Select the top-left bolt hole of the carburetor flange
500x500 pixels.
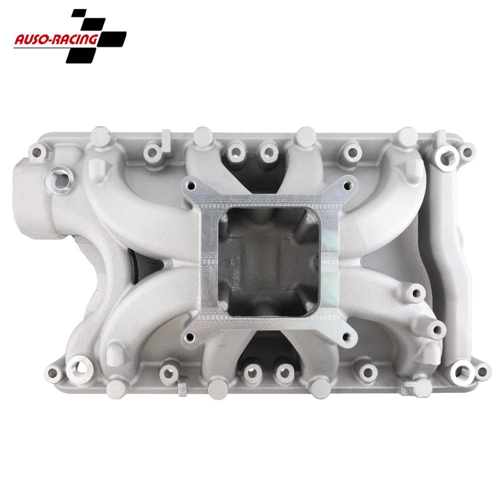click(192, 184)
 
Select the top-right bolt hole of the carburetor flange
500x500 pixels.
click(347, 184)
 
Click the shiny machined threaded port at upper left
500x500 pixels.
click(60, 177)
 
